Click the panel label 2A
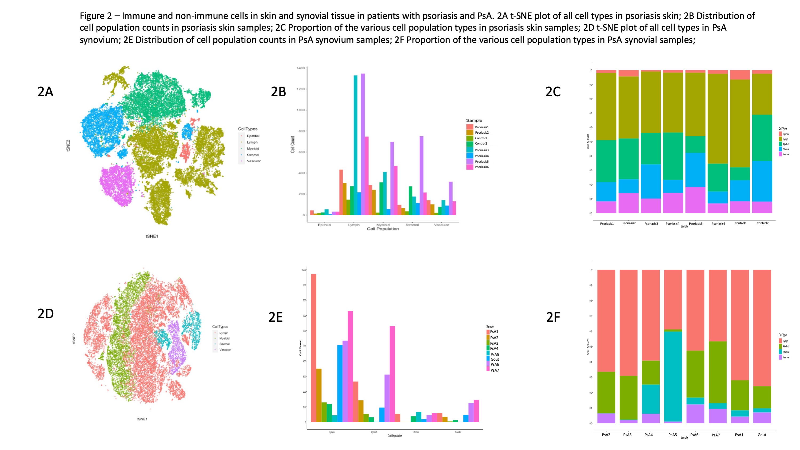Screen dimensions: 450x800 45,92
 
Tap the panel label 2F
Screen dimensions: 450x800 553,317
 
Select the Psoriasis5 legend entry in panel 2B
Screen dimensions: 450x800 481,161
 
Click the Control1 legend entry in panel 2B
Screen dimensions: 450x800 481,138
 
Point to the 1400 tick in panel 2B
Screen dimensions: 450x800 301,68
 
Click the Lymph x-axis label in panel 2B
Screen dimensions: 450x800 353,225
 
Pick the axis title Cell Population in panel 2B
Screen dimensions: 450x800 383,229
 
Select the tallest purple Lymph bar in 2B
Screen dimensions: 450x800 363,143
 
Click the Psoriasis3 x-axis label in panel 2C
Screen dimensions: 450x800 651,224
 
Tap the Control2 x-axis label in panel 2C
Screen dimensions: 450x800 762,223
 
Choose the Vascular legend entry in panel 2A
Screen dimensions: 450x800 253,161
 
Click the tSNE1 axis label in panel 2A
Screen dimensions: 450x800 152,236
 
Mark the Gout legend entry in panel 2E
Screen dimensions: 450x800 494,359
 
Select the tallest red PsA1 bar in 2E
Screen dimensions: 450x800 314,348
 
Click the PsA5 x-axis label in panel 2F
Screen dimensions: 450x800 672,435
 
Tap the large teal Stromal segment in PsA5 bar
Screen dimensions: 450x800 673,376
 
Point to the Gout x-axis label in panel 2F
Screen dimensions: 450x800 762,435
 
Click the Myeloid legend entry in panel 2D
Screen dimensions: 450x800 224,339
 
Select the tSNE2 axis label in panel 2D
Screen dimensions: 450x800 74,339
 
